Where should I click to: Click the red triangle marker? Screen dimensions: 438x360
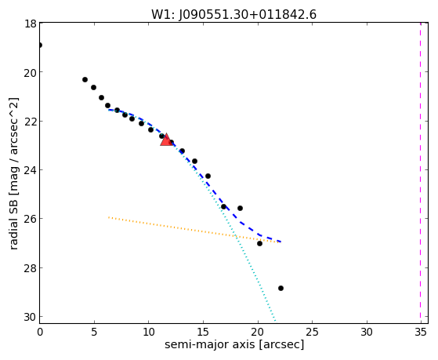[x=166, y=140]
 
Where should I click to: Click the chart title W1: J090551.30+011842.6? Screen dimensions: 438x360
[x=233, y=15]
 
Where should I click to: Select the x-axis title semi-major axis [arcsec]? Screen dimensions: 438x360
[x=234, y=344]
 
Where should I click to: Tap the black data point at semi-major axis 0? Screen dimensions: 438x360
[x=40, y=45]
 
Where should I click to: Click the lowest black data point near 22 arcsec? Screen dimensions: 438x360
[x=281, y=288]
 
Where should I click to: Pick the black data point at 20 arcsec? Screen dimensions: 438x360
[x=259, y=243]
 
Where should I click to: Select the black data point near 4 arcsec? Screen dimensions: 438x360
[x=85, y=80]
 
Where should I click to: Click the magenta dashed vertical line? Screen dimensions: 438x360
[x=420, y=173]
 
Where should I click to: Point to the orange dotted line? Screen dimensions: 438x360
[x=194, y=230]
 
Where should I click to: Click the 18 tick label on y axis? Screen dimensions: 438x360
[x=31, y=24]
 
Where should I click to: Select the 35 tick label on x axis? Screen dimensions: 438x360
[x=421, y=332]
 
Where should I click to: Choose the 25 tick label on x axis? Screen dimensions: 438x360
[x=312, y=332]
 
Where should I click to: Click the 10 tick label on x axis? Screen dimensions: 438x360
[x=149, y=332]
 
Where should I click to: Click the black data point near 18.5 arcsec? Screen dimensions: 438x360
[x=240, y=208]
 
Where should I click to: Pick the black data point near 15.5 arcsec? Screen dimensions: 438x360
[x=208, y=176]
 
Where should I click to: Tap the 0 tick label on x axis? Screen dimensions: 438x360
[x=40, y=332]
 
